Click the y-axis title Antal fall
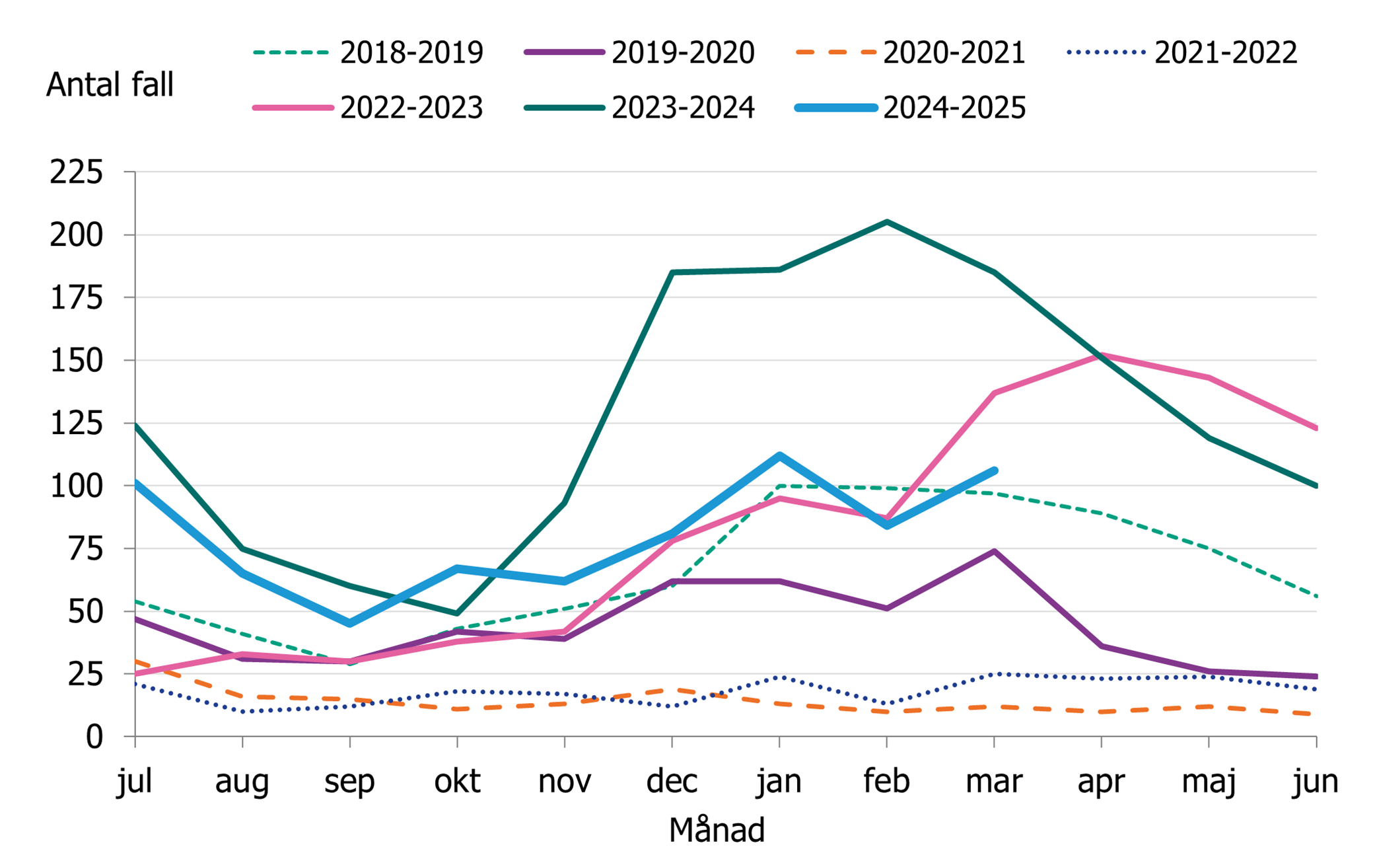[x=110, y=85]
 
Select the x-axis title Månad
[x=717, y=830]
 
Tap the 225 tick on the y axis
[x=77, y=172]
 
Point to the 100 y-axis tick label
[x=77, y=486]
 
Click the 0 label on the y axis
[x=94, y=737]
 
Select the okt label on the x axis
[x=457, y=781]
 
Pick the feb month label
[x=886, y=781]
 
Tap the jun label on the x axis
[x=1315, y=781]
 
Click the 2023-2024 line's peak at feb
[x=886, y=222]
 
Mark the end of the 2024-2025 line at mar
[x=994, y=470]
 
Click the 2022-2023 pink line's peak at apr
[x=1101, y=356]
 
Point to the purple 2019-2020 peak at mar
[x=994, y=551]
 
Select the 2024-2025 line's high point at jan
[x=779, y=455]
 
